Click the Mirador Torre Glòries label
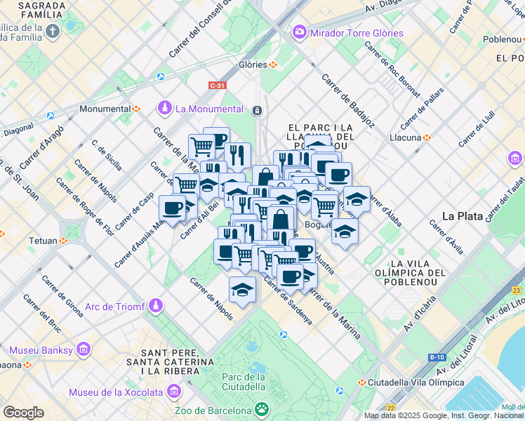click(x=357, y=33)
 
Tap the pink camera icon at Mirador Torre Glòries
click(x=300, y=32)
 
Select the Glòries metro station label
click(x=253, y=65)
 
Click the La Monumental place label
click(x=208, y=109)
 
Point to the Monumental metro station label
click(x=105, y=109)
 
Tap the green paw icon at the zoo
click(x=261, y=408)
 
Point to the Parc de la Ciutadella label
click(x=243, y=381)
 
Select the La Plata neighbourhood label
click(x=462, y=215)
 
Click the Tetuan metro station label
click(x=43, y=241)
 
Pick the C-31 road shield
click(x=218, y=86)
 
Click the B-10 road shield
click(x=436, y=357)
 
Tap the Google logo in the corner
click(x=23, y=412)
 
